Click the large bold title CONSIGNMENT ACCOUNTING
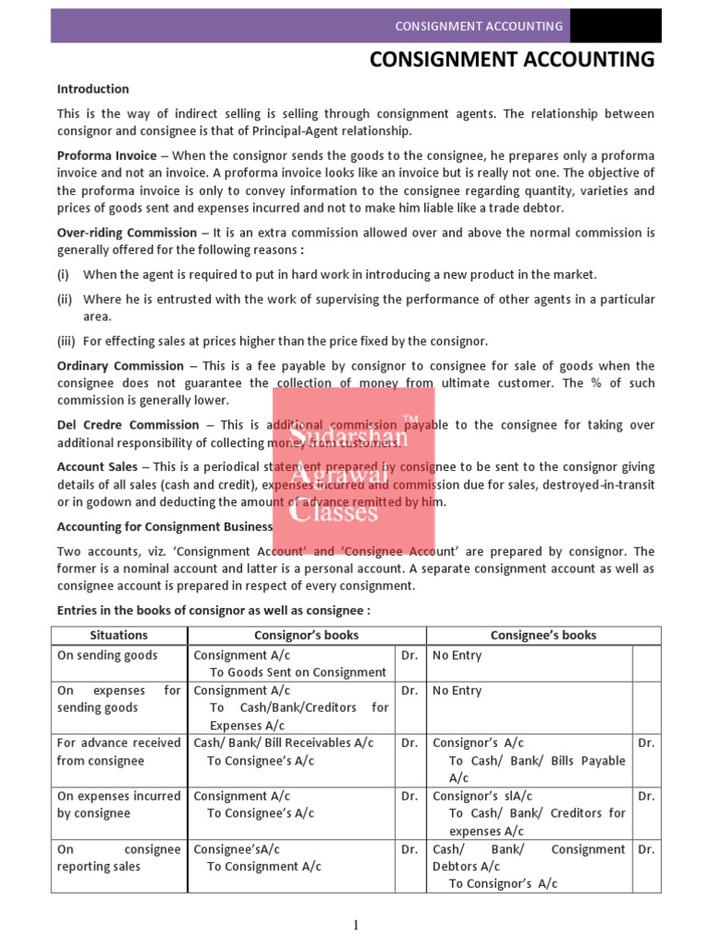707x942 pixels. (x=512, y=60)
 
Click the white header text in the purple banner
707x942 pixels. (x=479, y=26)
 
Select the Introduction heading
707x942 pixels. (x=93, y=89)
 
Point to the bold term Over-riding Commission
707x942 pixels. (x=127, y=233)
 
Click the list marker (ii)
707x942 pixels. (x=64, y=299)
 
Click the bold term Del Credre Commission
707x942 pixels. (x=128, y=425)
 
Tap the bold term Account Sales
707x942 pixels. (x=98, y=467)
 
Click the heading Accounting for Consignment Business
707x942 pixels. (x=165, y=526)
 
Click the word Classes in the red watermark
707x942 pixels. (x=333, y=511)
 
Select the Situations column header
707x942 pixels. (x=119, y=635)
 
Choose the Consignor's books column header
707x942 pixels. (x=306, y=635)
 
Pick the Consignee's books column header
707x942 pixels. (x=543, y=635)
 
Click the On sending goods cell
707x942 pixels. (x=107, y=656)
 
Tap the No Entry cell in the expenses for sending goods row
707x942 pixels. (x=457, y=690)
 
